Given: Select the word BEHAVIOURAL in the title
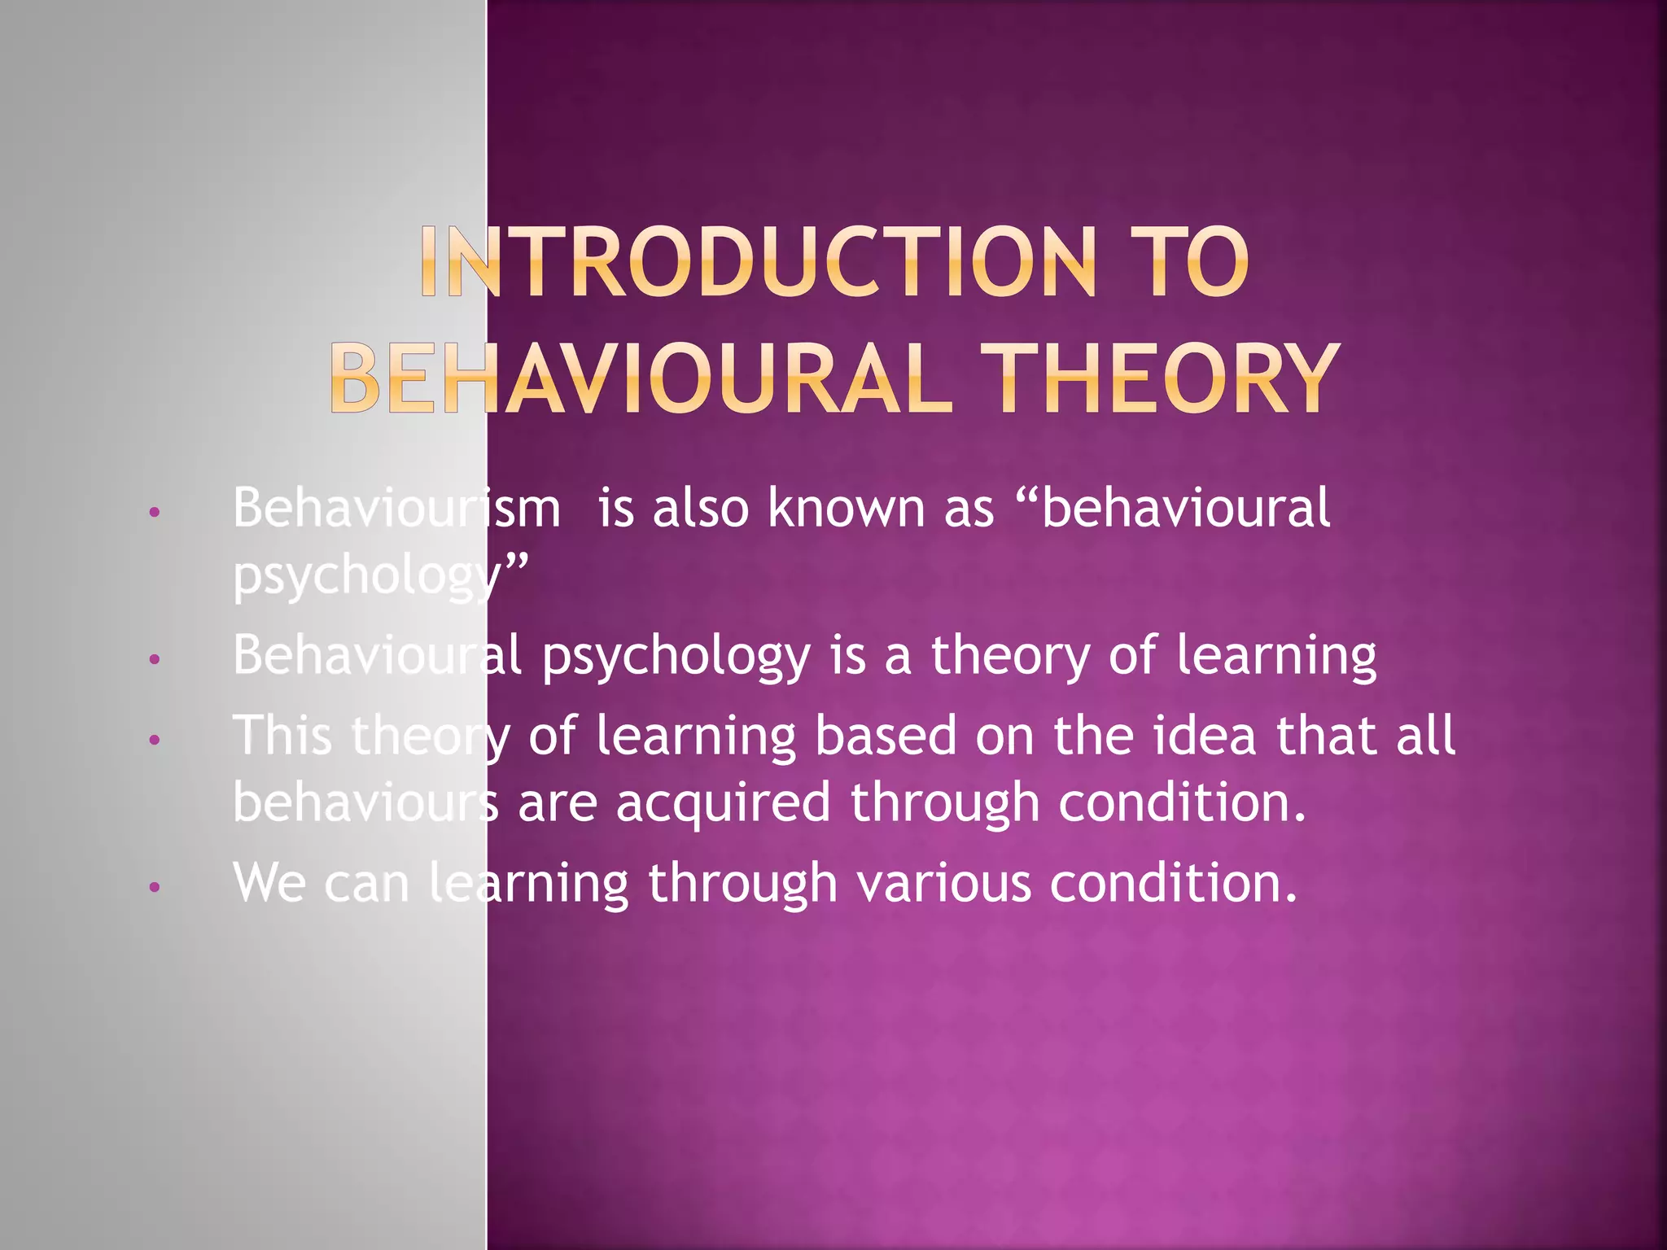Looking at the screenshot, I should pyautogui.click(x=641, y=378).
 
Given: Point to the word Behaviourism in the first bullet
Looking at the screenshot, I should pyautogui.click(x=396, y=509).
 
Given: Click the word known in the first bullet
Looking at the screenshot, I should pyautogui.click(x=847, y=509).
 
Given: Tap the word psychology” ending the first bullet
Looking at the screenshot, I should pyautogui.click(x=380, y=576).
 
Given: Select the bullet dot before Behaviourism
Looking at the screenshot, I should pyautogui.click(x=155, y=513).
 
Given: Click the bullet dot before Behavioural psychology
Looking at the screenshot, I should pyautogui.click(x=155, y=659).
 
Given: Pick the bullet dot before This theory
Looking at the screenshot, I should pyautogui.click(x=155, y=741).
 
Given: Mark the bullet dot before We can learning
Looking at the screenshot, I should pyautogui.click(x=155, y=887).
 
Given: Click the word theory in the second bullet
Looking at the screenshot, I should pyautogui.click(x=1010, y=656).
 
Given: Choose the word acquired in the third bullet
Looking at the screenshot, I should pyautogui.click(x=724, y=803).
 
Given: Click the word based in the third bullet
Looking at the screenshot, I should pyautogui.click(x=886, y=736).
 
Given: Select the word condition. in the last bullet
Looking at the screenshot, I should pyautogui.click(x=1173, y=884).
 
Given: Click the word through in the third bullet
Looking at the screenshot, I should pyautogui.click(x=945, y=803).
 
